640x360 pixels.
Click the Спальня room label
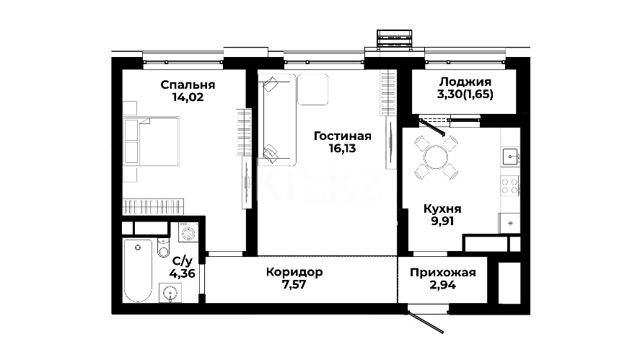pos(188,85)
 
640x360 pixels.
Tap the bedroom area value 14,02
pos(188,97)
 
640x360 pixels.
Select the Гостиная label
pos(343,136)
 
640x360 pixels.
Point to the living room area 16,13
pos(343,149)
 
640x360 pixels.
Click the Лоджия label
pos(465,82)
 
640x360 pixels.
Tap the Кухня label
pos(442,209)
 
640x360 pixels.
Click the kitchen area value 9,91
pos(442,221)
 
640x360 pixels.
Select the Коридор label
pos(294,272)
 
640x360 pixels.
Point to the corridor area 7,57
pos(294,284)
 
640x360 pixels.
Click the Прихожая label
pos(443,273)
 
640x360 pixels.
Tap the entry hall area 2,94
pos(443,285)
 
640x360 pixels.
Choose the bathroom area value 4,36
pos(182,273)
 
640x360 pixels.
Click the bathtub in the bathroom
pos(138,271)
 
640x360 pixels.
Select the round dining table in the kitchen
pos(436,157)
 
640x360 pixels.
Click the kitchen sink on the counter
pos(510,157)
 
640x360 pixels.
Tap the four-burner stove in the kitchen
pos(510,186)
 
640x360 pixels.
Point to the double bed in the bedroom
pos(152,141)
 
